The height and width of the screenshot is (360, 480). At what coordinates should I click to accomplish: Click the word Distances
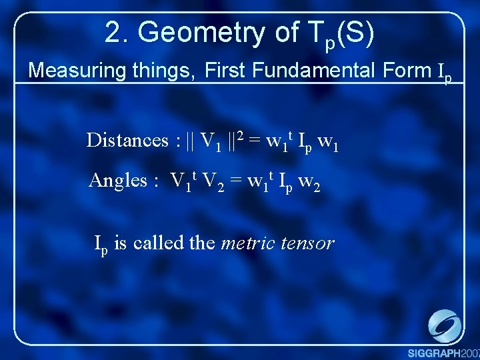point(127,141)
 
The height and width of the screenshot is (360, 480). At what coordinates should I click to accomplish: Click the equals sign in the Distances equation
point(255,141)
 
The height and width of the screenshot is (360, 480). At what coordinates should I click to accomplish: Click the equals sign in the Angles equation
point(235,181)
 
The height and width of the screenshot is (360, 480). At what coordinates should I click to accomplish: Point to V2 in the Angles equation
point(212,182)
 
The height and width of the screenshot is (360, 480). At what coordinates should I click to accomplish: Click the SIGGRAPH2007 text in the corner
point(443,352)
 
